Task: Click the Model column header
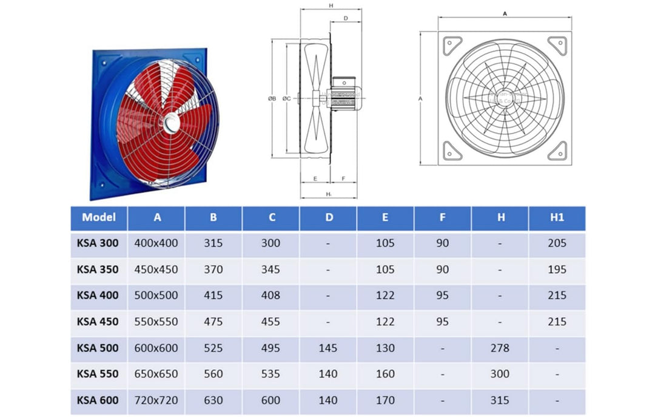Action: coord(99,217)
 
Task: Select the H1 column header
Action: coord(557,217)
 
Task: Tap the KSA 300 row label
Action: coord(98,243)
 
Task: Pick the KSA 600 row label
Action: coord(98,401)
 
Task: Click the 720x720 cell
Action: coord(157,401)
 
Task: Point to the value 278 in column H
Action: coord(500,348)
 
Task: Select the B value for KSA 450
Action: coord(213,322)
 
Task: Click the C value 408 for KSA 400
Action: coord(270,296)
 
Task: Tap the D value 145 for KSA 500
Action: coord(328,348)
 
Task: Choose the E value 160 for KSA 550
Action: coord(385,375)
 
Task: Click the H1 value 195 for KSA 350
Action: coord(557,270)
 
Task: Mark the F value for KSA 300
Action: coord(443,243)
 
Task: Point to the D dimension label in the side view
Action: coord(345,18)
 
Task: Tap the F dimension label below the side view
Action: coord(343,178)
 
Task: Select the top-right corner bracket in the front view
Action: coord(557,46)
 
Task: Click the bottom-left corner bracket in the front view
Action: coord(452,150)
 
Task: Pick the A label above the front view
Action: coord(505,12)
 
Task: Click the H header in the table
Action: coord(500,217)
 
